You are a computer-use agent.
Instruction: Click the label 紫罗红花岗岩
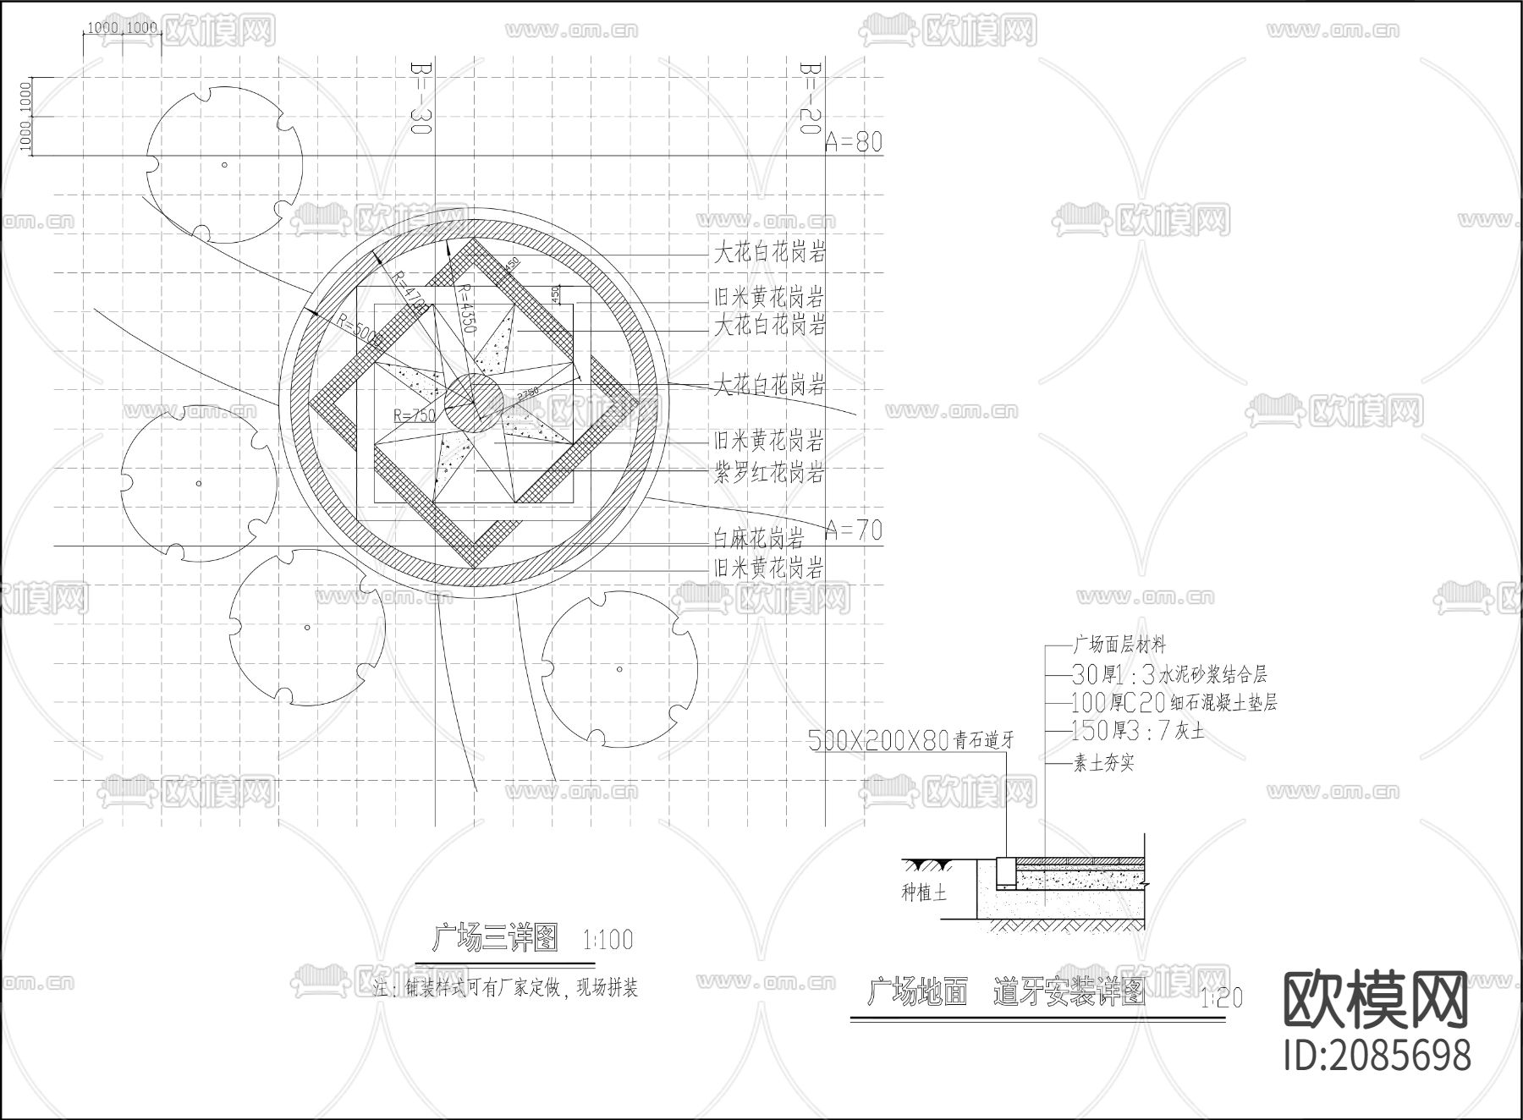(x=768, y=473)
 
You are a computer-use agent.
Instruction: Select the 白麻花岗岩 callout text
(x=758, y=537)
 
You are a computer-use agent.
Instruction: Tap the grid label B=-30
(x=421, y=97)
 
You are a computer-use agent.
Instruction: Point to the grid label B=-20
(x=811, y=97)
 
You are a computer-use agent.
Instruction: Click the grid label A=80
(x=853, y=142)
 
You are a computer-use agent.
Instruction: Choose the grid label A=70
(x=853, y=530)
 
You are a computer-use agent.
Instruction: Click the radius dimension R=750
(x=414, y=415)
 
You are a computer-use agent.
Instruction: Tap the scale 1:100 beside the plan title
(x=608, y=940)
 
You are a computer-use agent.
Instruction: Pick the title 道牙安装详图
(x=1069, y=991)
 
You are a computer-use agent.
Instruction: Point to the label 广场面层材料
(x=1119, y=645)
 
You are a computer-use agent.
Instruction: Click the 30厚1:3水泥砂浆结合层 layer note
(x=1168, y=674)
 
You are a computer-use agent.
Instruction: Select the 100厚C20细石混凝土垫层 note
(x=1174, y=702)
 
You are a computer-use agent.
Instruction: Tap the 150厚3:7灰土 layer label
(x=1136, y=730)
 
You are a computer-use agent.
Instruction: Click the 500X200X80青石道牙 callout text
(x=910, y=742)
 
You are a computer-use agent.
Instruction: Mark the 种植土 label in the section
(x=924, y=892)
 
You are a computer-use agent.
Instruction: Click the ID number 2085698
(x=1377, y=1056)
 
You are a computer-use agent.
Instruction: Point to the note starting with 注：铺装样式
(x=505, y=988)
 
